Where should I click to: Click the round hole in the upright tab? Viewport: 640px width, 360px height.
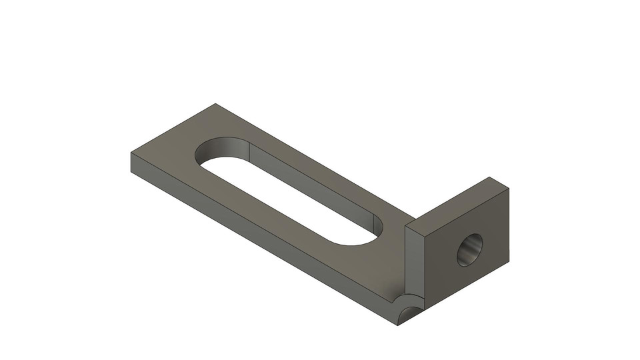(469, 250)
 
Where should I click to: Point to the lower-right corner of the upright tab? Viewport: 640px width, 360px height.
(509, 261)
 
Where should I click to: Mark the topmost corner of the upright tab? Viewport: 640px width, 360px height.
(491, 177)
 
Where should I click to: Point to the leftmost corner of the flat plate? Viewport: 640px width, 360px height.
(131, 153)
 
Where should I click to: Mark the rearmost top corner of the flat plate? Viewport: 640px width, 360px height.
(215, 104)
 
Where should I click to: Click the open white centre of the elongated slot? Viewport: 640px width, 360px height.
(293, 200)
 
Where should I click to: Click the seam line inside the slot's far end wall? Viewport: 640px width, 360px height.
(249, 147)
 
